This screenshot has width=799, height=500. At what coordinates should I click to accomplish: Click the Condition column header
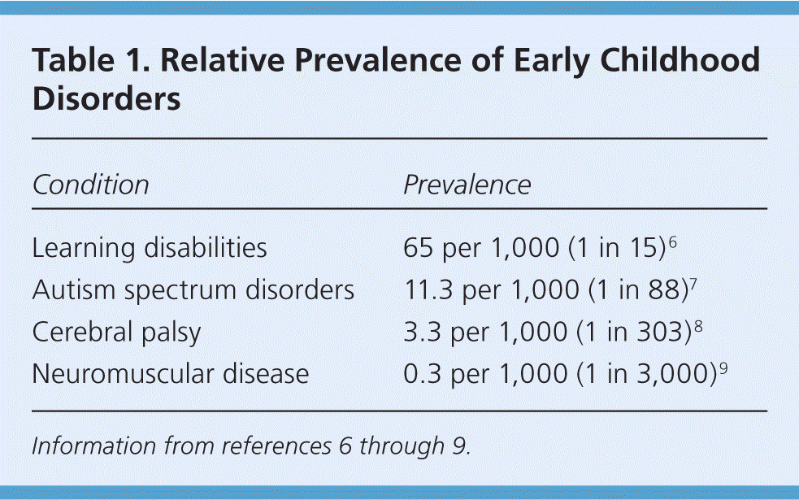(x=90, y=185)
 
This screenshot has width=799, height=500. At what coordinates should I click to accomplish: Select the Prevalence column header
(x=467, y=185)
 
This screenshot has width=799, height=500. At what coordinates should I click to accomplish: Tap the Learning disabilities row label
(x=150, y=248)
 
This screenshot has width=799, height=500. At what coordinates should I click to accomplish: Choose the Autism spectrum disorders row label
(x=193, y=290)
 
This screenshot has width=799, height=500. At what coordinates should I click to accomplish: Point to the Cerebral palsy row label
(x=115, y=333)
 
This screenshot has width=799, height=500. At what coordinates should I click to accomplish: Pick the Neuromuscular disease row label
(x=170, y=374)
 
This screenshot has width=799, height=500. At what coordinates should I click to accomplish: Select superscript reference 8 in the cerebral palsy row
(x=701, y=325)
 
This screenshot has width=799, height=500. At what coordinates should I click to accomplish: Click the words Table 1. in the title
(x=78, y=61)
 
